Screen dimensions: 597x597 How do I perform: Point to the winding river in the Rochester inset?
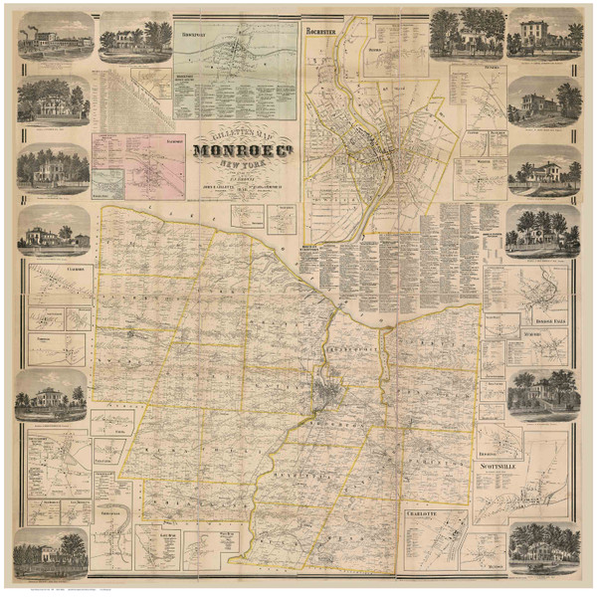coord(334,119)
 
